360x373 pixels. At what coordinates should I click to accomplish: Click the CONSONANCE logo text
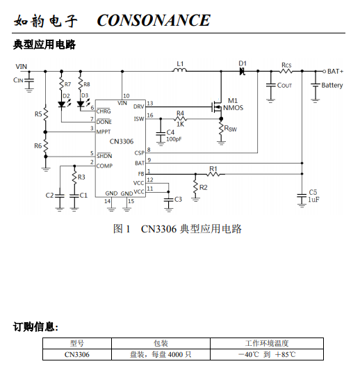pos(154,20)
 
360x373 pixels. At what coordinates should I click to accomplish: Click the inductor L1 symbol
pos(179,70)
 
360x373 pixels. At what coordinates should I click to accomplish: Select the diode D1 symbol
pos(242,71)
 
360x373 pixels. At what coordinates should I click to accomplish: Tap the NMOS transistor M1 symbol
pos(217,106)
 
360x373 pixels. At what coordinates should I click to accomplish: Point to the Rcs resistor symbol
pos(286,71)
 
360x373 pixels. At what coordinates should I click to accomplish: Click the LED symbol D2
pos(62,104)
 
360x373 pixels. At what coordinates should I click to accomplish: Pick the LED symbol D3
pos(81,104)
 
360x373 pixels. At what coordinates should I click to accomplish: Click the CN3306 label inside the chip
pos(122,141)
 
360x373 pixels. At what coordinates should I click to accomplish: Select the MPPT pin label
pos(104,132)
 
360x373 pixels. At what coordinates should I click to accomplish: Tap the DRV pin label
pos(139,106)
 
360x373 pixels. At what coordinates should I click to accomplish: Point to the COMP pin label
pos(104,166)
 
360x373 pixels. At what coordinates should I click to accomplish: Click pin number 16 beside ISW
pos(150,116)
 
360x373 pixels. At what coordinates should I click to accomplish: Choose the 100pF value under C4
pos(174,139)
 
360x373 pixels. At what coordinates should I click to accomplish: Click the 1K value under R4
pos(180,124)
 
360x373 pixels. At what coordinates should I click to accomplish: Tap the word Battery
pos(332,85)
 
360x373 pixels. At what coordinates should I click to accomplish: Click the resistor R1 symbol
pos(213,174)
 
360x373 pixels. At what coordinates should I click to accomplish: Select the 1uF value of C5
pos(313,199)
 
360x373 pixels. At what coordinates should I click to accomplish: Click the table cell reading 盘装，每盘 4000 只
pos(161,354)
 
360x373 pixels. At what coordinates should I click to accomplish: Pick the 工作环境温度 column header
pos(267,343)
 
